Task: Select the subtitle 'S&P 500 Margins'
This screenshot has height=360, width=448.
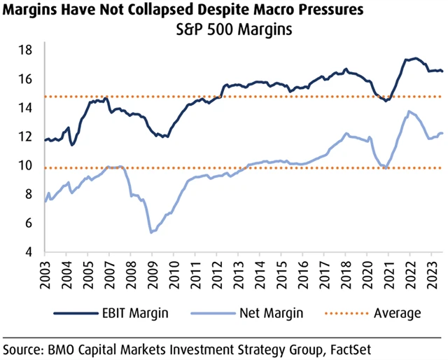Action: click(x=225, y=32)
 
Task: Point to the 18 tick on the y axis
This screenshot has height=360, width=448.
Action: click(x=27, y=50)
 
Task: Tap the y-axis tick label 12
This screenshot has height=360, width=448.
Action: click(x=27, y=137)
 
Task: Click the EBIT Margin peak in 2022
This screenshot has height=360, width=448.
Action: click(x=414, y=58)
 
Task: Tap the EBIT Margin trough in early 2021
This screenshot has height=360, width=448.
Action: click(x=385, y=101)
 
